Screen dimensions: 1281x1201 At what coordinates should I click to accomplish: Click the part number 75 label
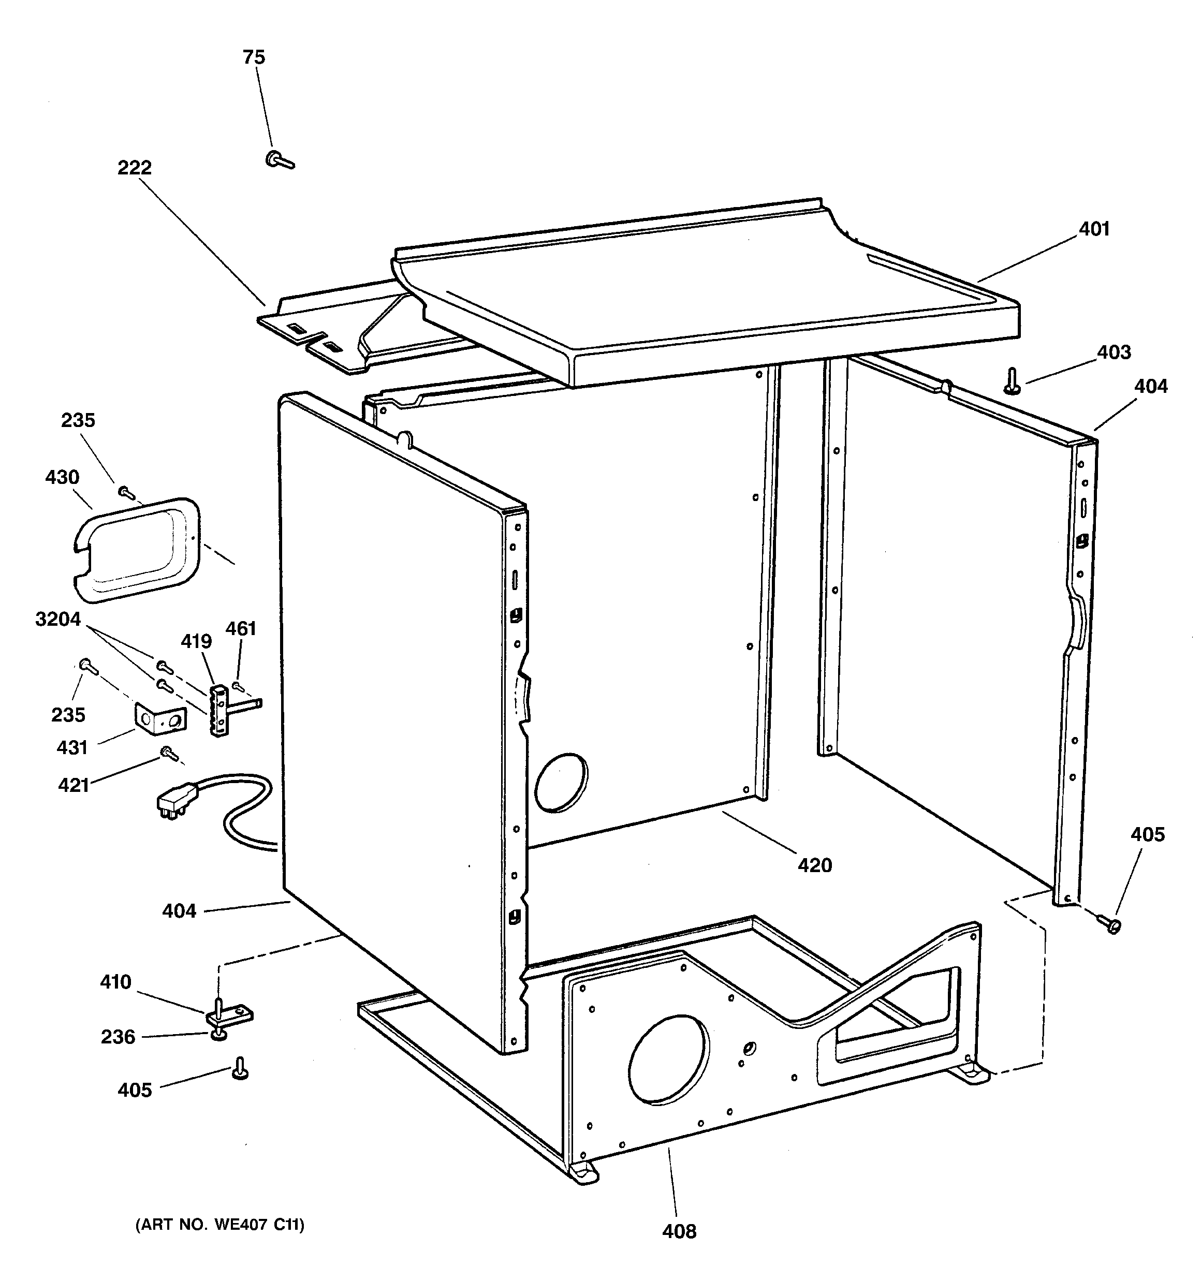[254, 57]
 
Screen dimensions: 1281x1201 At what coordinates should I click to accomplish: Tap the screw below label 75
[279, 159]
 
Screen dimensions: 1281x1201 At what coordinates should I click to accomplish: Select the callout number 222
[134, 168]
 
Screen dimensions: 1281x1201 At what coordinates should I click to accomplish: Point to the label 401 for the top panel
[1094, 229]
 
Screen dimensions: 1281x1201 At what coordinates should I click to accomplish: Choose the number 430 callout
[63, 478]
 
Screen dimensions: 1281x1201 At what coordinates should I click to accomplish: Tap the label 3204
[58, 619]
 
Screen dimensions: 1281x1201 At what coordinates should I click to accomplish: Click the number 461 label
[241, 628]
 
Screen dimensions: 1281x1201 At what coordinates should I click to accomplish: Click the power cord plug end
[171, 805]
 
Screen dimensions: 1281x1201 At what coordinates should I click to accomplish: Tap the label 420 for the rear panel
[815, 865]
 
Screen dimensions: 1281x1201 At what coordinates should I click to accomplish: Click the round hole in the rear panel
[561, 782]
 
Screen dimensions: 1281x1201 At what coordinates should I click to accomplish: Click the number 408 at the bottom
[680, 1231]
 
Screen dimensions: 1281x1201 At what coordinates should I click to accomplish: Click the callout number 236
[118, 1037]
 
